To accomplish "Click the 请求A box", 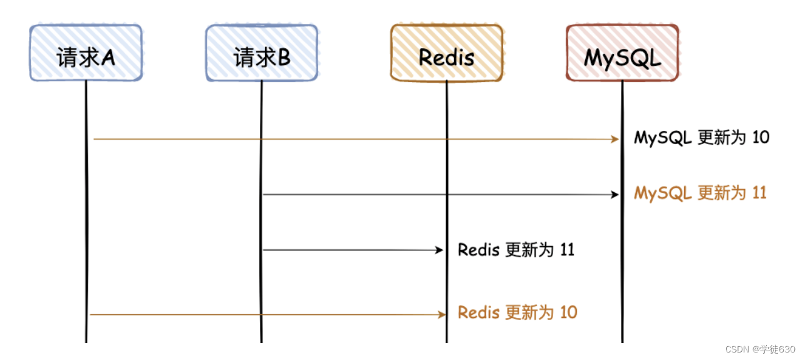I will point(86,53).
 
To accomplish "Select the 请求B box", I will point(261,53).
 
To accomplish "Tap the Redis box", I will point(446,53).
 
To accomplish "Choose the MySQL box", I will point(621,53).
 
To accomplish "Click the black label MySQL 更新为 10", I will point(702,138).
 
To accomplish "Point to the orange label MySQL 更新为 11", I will point(700,193).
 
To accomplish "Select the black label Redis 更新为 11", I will point(516,250).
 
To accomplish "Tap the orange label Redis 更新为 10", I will point(517,312).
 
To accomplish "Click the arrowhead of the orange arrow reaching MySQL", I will point(615,139).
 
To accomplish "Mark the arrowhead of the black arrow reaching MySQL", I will point(615,195).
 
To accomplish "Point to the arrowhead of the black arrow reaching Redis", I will point(439,250).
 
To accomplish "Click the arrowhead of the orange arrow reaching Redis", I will point(440,314).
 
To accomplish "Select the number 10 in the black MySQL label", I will point(761,138).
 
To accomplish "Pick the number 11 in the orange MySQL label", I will point(759,193).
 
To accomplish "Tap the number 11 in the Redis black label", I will point(567,250).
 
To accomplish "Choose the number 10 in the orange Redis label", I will point(568,312).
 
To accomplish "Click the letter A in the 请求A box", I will point(108,58).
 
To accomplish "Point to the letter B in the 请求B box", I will point(284,58).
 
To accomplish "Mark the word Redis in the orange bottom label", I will point(479,312).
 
